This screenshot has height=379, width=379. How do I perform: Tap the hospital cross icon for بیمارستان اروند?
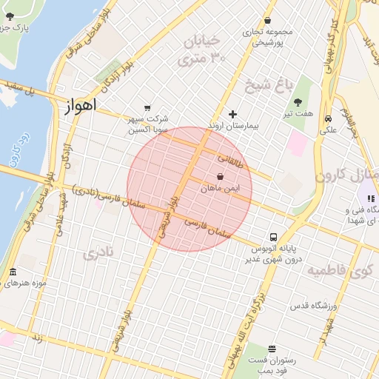click(233, 114)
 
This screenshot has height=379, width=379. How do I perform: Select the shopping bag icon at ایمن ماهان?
click(221, 177)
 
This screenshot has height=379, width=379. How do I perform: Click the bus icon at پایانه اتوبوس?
click(273, 238)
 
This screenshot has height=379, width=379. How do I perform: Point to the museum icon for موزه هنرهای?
click(13, 272)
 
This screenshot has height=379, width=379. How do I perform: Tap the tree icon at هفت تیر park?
click(298, 102)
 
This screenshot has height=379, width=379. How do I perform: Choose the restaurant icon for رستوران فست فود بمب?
click(272, 348)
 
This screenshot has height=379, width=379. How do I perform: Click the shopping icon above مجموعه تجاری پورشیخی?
click(267, 21)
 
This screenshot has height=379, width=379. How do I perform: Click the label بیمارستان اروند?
click(232, 127)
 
